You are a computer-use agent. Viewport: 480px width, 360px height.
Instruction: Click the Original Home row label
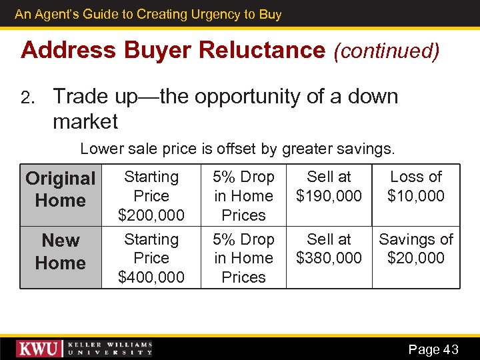(x=61, y=189)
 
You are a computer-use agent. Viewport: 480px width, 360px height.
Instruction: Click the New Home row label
(x=61, y=251)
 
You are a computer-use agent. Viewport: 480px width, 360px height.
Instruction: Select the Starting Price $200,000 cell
(x=151, y=196)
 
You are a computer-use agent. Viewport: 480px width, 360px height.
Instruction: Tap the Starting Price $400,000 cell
(x=151, y=258)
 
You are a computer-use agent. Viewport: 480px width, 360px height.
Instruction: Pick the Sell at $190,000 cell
(x=329, y=187)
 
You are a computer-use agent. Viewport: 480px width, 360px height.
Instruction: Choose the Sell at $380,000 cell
(x=329, y=249)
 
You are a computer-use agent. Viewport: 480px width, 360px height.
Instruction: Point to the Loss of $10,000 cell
(x=415, y=187)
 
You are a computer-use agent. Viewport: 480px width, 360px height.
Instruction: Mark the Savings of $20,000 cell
(x=415, y=249)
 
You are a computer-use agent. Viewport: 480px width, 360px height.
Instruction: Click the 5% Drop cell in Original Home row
(x=243, y=196)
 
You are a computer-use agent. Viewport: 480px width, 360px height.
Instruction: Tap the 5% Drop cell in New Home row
(x=243, y=258)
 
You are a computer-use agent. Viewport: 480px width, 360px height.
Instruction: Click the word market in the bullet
(x=85, y=122)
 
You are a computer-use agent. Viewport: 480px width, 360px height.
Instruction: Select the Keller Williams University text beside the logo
(x=111, y=349)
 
